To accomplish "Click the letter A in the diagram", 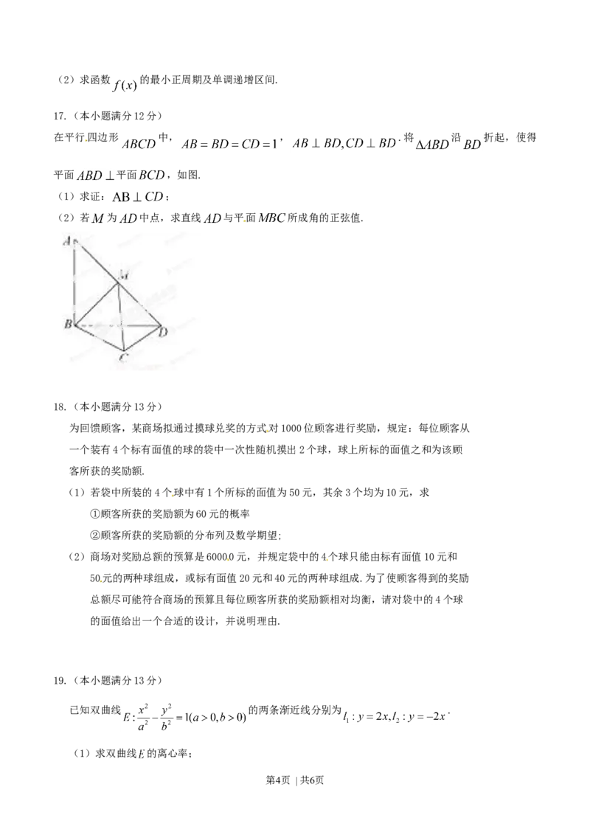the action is [x=67, y=240].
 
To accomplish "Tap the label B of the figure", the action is [x=67, y=324].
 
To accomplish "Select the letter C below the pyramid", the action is [x=125, y=358].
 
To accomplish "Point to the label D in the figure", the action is [x=163, y=333].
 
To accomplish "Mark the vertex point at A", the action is [x=75, y=240].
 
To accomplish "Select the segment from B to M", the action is [x=97, y=303].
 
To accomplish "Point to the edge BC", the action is [x=100, y=337].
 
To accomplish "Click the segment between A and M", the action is [x=97, y=261].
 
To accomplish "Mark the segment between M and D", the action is [x=140, y=303].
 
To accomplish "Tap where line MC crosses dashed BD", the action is [x=122, y=325].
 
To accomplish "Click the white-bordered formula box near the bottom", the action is [x=186, y=716].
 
